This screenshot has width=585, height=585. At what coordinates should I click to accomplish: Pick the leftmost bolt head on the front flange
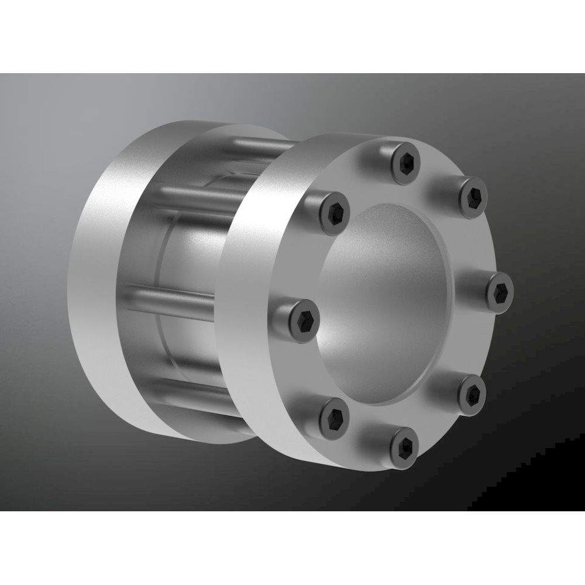302,318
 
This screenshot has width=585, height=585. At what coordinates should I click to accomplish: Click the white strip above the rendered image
292,35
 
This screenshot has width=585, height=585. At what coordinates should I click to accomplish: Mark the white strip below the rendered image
292,547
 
